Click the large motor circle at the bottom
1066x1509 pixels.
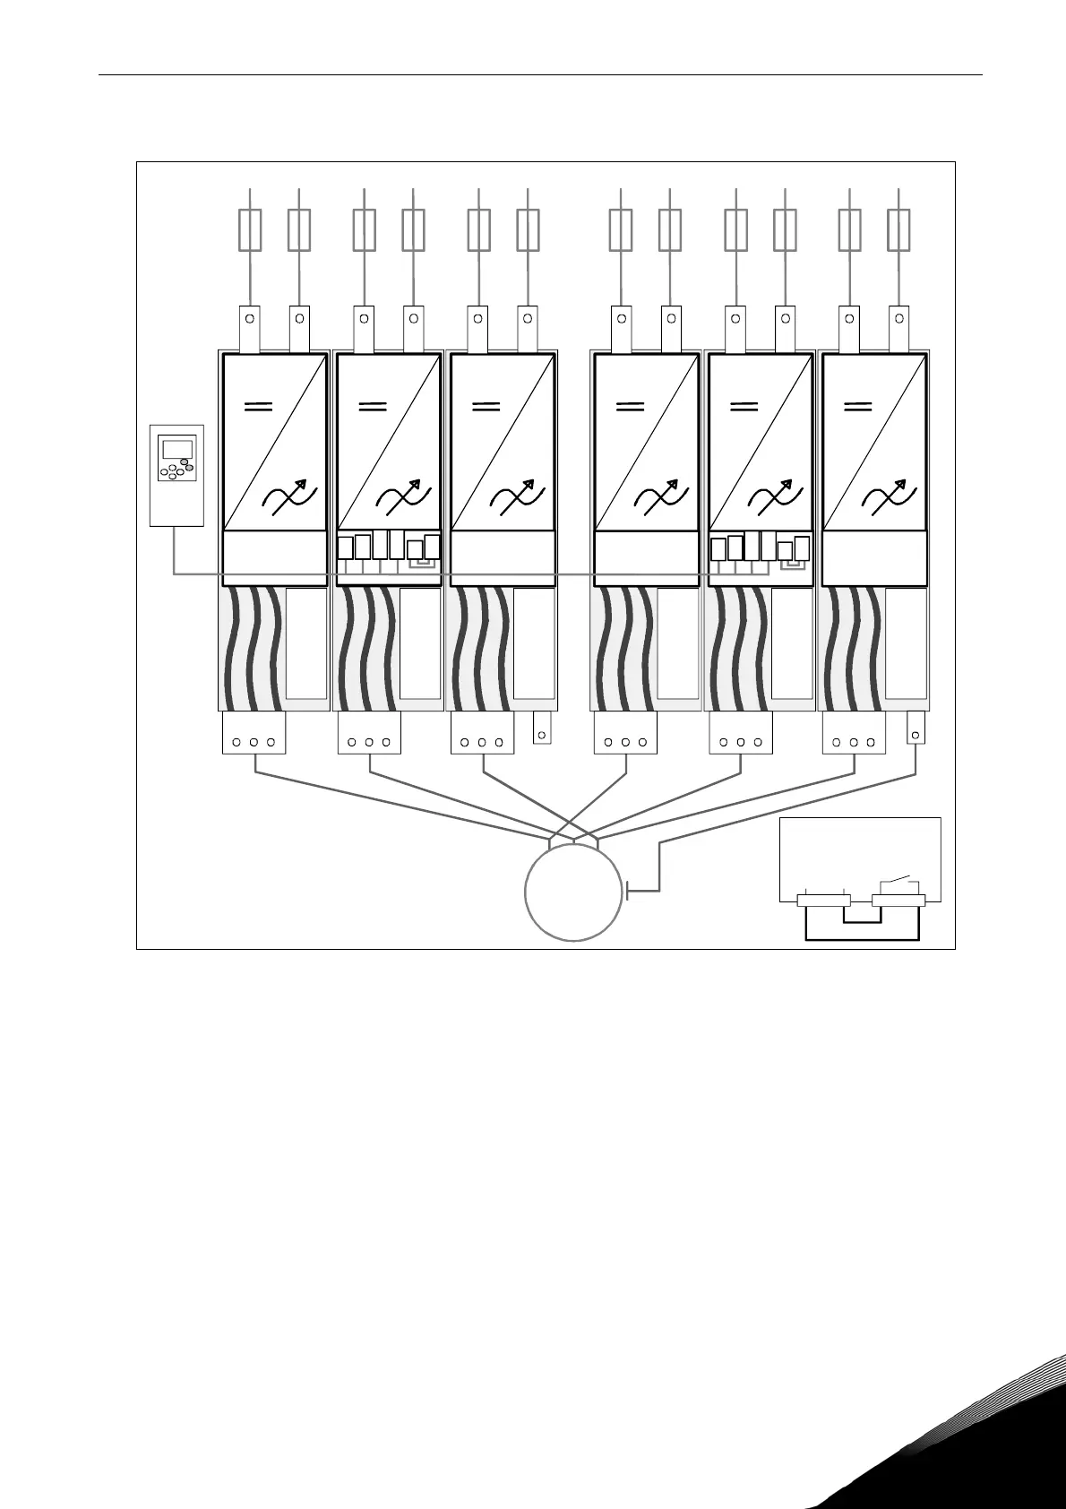pyautogui.click(x=572, y=892)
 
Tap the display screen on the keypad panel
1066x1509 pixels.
pyautogui.click(x=176, y=449)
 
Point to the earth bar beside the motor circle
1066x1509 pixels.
pyautogui.click(x=629, y=891)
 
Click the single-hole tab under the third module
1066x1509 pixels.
pyautogui.click(x=541, y=728)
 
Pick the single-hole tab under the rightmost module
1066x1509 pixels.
pyautogui.click(x=916, y=728)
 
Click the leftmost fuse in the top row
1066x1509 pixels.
pyautogui.click(x=250, y=229)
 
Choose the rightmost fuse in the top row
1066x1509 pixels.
pyautogui.click(x=898, y=229)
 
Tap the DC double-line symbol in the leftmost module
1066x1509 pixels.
pyautogui.click(x=259, y=406)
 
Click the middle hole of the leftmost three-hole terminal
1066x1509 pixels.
pyautogui.click(x=254, y=742)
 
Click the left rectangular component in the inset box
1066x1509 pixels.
pyautogui.click(x=823, y=901)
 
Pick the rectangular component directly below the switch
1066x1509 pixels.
pyautogui.click(x=898, y=901)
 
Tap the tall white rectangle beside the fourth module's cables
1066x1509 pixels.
pyautogui.click(x=678, y=643)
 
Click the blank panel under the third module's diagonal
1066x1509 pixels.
pyautogui.click(x=502, y=557)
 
